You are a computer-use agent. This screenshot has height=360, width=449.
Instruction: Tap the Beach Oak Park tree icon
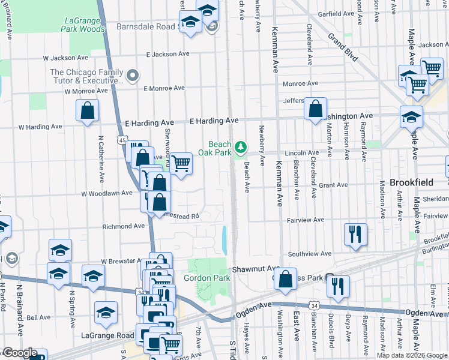[241, 146]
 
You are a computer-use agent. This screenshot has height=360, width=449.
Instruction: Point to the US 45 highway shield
[122, 140]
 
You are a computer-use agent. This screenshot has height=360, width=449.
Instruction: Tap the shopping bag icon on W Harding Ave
[88, 110]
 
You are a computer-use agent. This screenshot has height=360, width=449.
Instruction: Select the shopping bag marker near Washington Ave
[315, 109]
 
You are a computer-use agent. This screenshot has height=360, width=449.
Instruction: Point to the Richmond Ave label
[124, 227]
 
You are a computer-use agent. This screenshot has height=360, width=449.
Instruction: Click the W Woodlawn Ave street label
[107, 193]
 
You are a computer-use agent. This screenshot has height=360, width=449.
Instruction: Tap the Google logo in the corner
[20, 353]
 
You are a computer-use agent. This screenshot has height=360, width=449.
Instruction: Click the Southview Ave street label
[310, 254]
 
